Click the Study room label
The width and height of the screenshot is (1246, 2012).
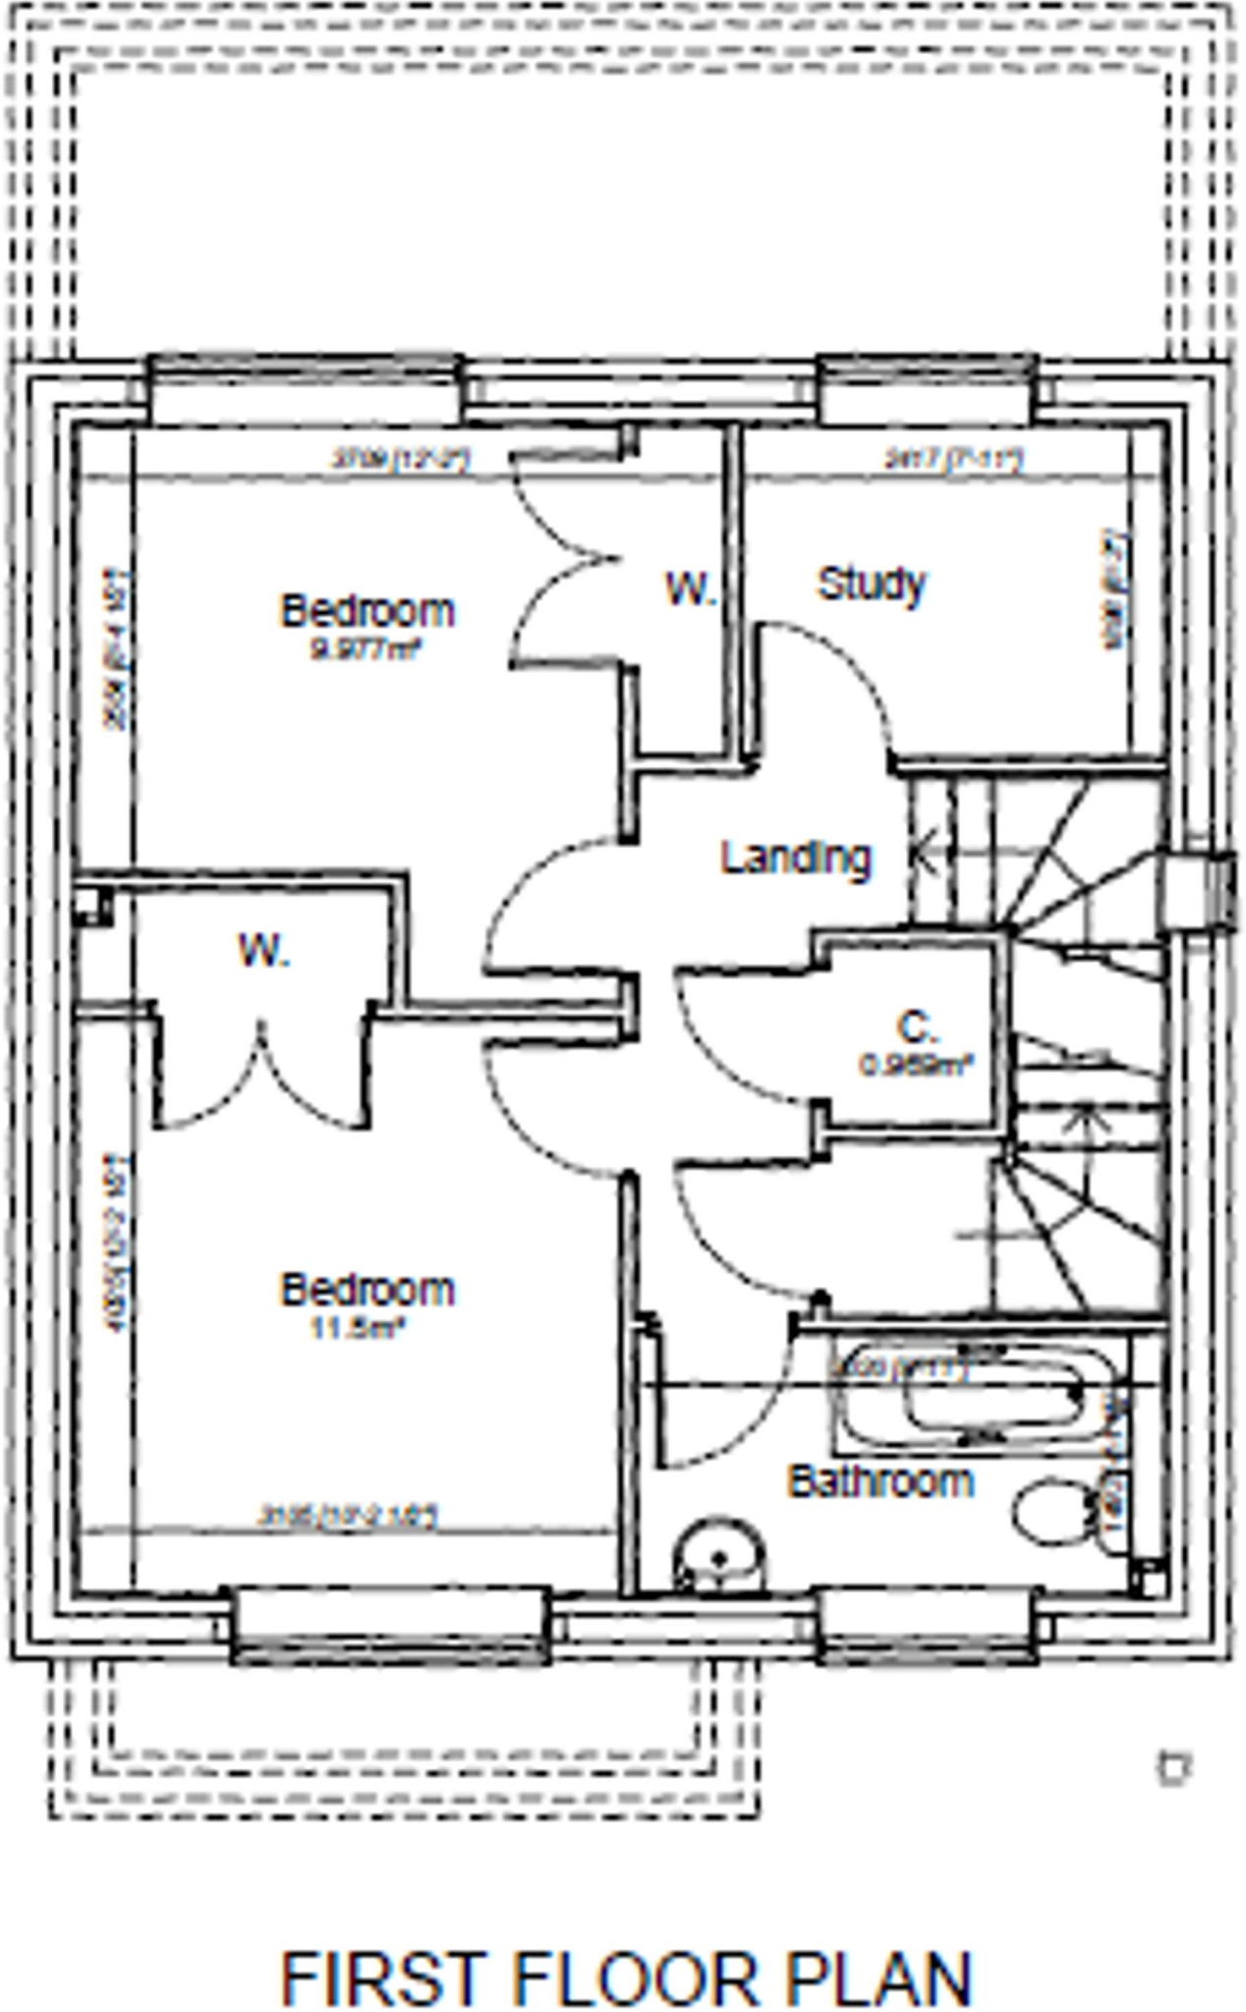point(872,586)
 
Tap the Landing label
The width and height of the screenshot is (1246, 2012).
point(796,858)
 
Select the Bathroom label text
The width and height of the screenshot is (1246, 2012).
point(881,1481)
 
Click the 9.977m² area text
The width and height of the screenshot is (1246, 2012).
point(367,649)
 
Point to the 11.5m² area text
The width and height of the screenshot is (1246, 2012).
point(359,1329)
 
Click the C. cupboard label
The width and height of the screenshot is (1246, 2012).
point(917,1028)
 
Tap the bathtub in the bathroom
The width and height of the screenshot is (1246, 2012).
point(973,1395)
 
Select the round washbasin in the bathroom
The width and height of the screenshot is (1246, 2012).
point(719,1558)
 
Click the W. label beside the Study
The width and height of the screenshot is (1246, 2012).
point(691,588)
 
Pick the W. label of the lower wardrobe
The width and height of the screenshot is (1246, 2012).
point(263,951)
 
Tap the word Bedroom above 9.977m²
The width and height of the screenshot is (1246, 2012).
point(368,610)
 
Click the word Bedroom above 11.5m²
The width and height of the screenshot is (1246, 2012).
point(368,1289)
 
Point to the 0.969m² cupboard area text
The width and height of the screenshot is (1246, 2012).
point(917,1065)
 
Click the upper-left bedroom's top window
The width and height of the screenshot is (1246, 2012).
point(305,390)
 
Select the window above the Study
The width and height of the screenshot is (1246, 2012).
point(927,390)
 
